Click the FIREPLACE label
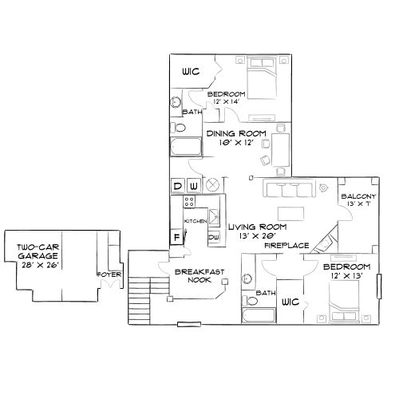pos(287,246)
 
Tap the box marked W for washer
pos(193,187)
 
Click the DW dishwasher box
pos(214,237)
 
